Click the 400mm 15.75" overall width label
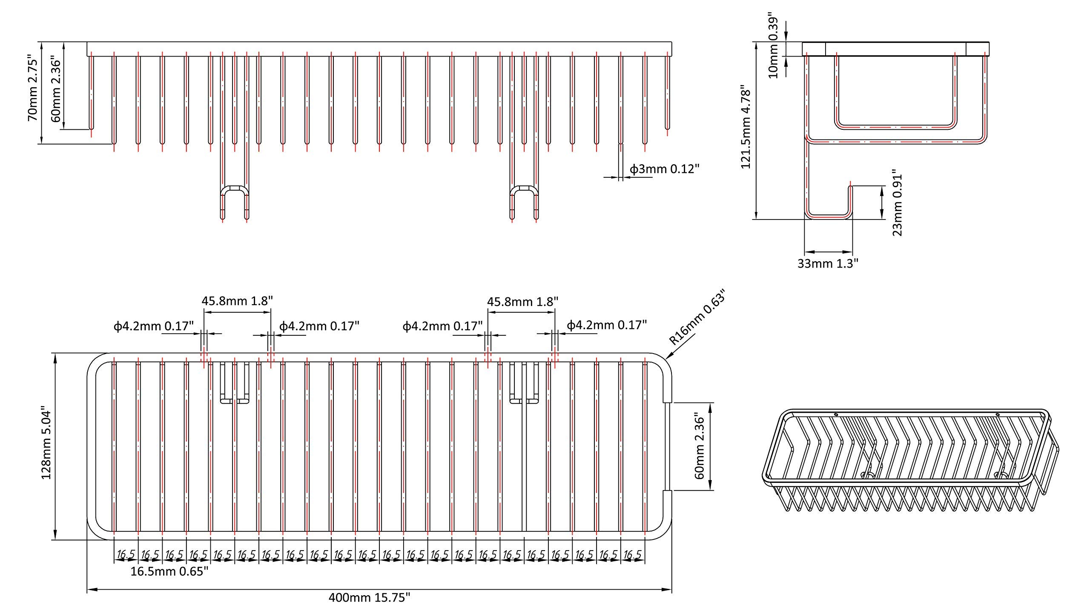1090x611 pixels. (369, 598)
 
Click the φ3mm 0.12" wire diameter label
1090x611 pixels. (665, 169)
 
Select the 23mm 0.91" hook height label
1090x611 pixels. (897, 204)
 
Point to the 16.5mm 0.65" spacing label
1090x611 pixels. (169, 571)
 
